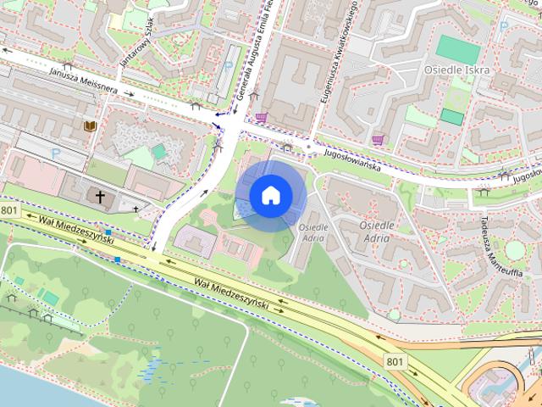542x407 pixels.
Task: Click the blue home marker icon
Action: pyautogui.click(x=270, y=196)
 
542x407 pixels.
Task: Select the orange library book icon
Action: pyautogui.click(x=89, y=127)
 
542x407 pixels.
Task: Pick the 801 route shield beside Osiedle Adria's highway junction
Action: pyautogui.click(x=395, y=361)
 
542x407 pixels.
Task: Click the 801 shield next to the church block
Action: pyautogui.click(x=9, y=209)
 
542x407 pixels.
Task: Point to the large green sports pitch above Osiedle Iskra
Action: pyautogui.click(x=457, y=48)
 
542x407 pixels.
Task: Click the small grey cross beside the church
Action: pyautogui.click(x=135, y=207)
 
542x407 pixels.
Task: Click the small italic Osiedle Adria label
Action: pyautogui.click(x=314, y=232)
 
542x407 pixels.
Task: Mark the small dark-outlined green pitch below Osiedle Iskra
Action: pyautogui.click(x=452, y=117)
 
